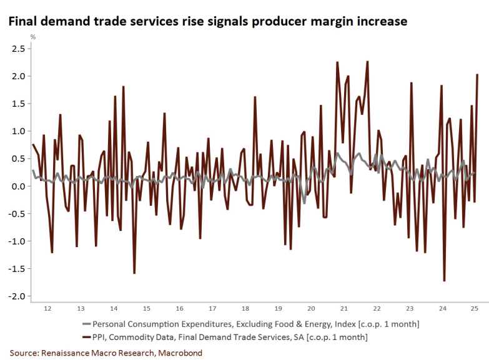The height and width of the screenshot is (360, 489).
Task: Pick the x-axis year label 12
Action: [x=48, y=308]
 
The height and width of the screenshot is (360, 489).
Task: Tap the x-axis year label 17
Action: [x=212, y=308]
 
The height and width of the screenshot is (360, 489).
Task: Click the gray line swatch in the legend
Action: [x=86, y=324]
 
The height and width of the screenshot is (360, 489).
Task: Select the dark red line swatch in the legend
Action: [x=86, y=337]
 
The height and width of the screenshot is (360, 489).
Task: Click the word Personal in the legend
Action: [x=110, y=324]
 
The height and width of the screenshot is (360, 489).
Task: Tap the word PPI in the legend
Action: [x=100, y=337]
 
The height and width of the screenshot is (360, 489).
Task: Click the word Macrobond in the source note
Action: [x=180, y=353]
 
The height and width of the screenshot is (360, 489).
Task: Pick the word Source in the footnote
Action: [x=24, y=353]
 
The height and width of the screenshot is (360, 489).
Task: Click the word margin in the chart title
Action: [x=317, y=21]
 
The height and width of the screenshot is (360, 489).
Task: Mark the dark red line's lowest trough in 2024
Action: [x=444, y=281]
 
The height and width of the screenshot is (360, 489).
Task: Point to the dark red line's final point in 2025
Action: [x=478, y=75]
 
